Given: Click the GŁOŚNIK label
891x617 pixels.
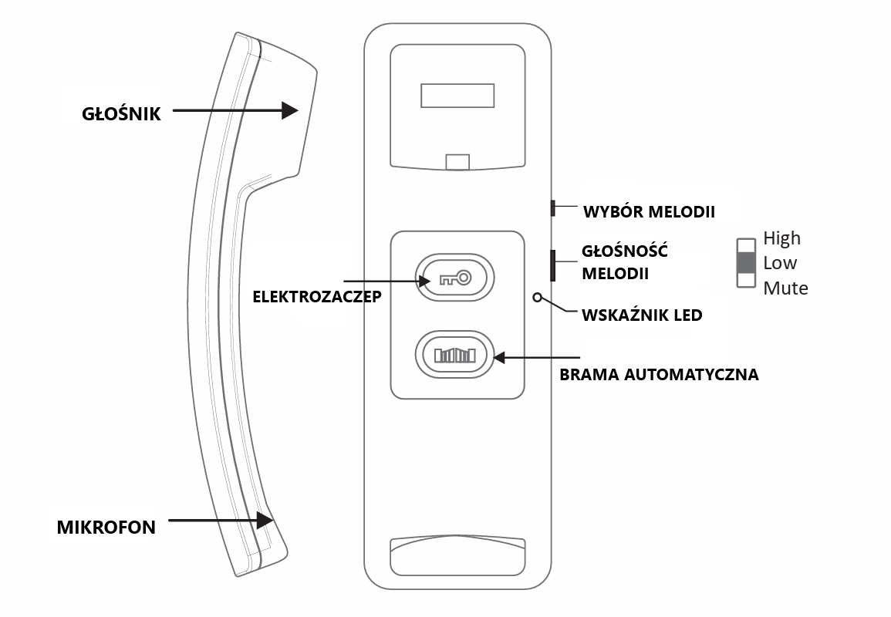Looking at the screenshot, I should tap(122, 113).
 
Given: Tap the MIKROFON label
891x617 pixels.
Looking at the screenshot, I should tap(106, 528).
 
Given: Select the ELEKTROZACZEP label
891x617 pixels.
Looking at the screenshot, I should tap(317, 296).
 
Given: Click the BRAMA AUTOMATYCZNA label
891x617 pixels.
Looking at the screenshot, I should tap(659, 375).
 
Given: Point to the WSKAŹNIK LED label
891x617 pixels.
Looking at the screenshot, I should tap(642, 315).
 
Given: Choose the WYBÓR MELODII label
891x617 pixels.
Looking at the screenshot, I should tap(649, 211).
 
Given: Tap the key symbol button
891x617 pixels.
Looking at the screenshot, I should tap(454, 278).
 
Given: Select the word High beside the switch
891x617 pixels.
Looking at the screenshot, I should tap(781, 238).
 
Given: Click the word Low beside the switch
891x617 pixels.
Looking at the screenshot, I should tap(780, 263).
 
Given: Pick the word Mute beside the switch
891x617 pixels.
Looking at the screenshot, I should tap(785, 288).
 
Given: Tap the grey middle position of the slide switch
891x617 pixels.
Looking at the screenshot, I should tap(746, 263).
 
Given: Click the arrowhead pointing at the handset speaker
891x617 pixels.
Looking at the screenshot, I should tap(290, 110).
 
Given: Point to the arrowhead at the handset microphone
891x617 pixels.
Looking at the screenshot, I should tap(265, 521).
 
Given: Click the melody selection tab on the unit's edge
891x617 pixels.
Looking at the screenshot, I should tap(552, 207).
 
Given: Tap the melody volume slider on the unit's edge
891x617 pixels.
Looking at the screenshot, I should tap(552, 265).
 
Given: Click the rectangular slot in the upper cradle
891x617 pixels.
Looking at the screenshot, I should tap(457, 96).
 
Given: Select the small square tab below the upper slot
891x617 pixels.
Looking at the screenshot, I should tap(457, 162).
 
